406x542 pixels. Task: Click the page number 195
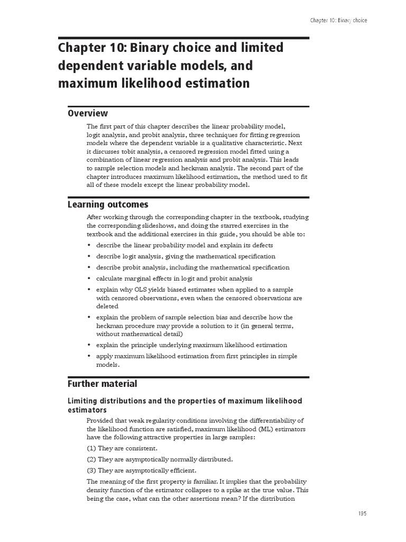coord(362,513)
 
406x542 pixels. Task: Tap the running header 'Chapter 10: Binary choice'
coord(338,20)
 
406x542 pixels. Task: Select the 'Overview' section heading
coord(88,113)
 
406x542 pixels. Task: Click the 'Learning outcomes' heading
coord(108,205)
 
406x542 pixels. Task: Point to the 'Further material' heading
coord(102,384)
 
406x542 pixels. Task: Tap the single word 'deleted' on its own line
coord(107,306)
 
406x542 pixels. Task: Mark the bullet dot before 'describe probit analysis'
coord(89,268)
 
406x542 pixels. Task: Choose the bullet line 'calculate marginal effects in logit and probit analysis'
coord(174,278)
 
